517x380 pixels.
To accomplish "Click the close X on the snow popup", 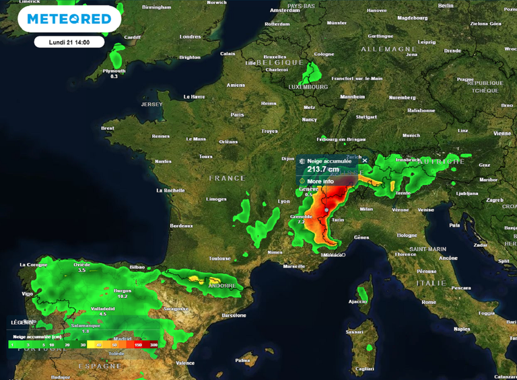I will tap(365, 161).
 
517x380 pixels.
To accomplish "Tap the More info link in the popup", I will tap(320, 182).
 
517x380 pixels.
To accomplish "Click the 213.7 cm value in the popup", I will tap(323, 169).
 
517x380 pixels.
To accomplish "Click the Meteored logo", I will tap(69, 19).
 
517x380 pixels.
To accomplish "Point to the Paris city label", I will tap(237, 115).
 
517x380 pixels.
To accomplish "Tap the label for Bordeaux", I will tap(182, 225).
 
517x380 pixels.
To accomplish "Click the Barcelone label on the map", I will tap(234, 315).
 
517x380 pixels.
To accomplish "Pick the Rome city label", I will tap(429, 302).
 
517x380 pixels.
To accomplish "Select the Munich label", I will tap(411, 135).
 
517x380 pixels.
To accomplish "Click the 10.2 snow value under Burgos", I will tap(123, 297).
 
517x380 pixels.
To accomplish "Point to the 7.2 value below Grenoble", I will tap(301, 222).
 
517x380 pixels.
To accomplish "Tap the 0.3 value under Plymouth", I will tap(114, 77).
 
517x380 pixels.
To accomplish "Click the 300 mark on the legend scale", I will tap(154, 344).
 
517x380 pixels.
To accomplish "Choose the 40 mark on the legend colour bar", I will tap(98, 344).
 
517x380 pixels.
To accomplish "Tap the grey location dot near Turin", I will tap(326, 211).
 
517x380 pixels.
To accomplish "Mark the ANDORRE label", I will tap(222, 286).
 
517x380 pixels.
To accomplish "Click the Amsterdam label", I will tap(285, 11).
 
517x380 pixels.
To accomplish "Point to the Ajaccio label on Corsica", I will tap(357, 302).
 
